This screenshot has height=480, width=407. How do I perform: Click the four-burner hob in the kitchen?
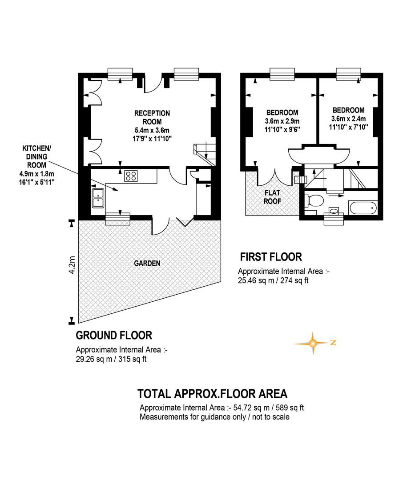coord(131,176)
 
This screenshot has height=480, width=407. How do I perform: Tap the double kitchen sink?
coord(98,198)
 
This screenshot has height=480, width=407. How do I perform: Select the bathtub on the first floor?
coord(363,208)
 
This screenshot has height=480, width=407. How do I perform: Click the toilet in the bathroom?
coord(314,201)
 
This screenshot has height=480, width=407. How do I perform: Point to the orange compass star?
coord(313,343)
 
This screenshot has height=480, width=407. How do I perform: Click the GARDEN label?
coord(147,263)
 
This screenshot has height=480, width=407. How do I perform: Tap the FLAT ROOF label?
coord(273,197)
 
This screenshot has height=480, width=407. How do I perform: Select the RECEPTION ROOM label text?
coord(152,117)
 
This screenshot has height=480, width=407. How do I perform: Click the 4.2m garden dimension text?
coord(72,265)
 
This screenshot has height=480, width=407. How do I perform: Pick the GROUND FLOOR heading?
coord(114,335)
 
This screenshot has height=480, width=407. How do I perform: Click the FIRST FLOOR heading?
coord(271,257)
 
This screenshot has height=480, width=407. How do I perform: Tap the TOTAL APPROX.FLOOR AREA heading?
coord(212,394)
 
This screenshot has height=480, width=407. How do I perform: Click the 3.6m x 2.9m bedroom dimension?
coord(282,121)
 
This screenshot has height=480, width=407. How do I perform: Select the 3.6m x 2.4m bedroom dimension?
coord(348,119)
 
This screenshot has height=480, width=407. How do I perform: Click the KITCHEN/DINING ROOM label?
coord(37,157)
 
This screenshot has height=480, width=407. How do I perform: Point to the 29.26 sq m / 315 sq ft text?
coord(111,359)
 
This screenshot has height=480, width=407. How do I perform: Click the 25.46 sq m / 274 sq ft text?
coord(274,280)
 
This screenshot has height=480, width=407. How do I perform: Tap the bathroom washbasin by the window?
coord(334,211)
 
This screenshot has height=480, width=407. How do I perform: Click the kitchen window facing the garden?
coord(118,219)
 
